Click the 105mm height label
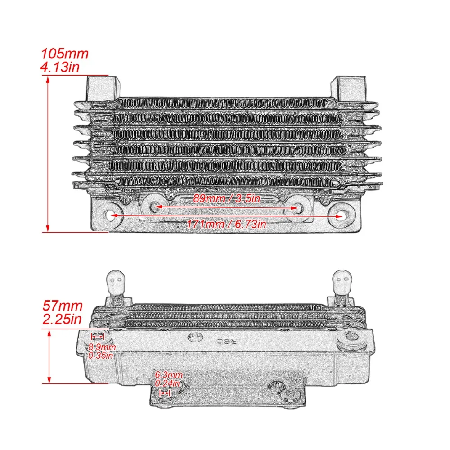pos(65,54)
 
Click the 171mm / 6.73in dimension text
pos(227,224)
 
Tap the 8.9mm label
pos(102,347)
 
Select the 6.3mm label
pos(168,375)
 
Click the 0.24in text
pos(167,384)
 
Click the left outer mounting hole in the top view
pos(111,216)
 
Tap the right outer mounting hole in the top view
pos(340,216)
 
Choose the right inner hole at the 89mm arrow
pos(299,207)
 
